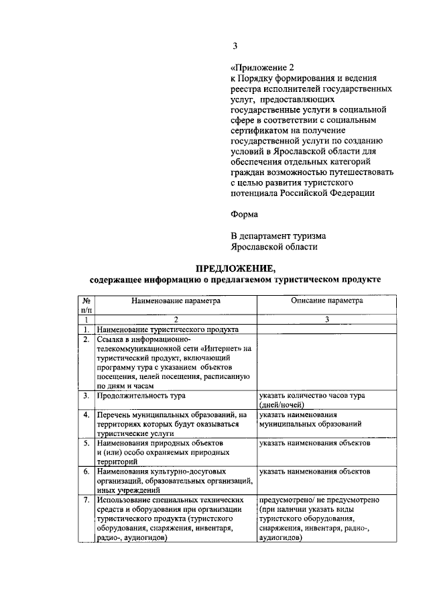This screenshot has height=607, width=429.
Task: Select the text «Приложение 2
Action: coord(262,68)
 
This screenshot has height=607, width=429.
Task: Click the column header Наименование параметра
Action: coord(176,301)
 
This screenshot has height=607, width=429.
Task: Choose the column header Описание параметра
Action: coord(326,300)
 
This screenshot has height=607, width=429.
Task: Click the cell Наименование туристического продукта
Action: coord(167,330)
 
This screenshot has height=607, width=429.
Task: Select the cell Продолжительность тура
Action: coord(141,396)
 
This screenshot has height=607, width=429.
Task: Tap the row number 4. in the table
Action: coord(86,415)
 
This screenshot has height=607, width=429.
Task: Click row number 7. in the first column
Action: coord(86,500)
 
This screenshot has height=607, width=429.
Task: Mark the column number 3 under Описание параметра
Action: coord(326,320)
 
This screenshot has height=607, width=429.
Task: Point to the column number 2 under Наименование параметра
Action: coord(176,320)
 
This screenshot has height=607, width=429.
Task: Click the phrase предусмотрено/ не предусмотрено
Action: coord(320,500)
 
